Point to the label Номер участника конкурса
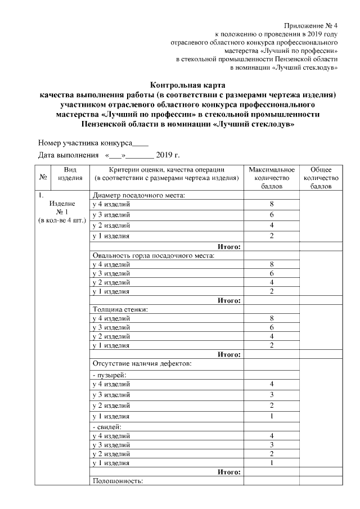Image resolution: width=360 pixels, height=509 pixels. tap(85, 143)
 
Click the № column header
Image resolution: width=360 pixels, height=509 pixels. tap(43, 178)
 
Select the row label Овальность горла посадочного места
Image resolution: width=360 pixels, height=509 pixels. tap(154, 256)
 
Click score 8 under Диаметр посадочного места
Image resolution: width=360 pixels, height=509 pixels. tap(272, 204)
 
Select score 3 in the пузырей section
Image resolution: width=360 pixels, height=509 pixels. tap(272, 394)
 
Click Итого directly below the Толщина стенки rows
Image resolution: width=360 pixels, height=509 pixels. tap(229, 354)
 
